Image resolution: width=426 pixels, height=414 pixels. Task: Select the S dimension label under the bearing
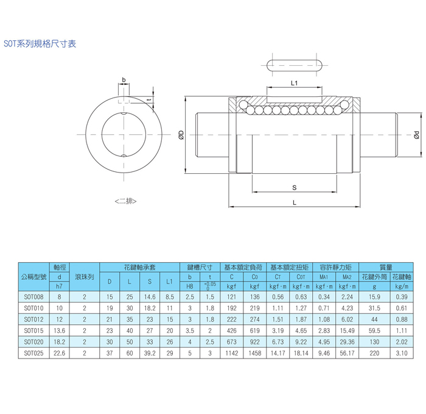[x=293, y=188]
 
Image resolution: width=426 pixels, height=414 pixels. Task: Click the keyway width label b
[x=124, y=80]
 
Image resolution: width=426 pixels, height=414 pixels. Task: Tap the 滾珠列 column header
[x=85, y=276]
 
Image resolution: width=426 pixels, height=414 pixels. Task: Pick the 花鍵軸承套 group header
[x=140, y=267]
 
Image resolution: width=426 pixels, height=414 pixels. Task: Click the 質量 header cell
[x=385, y=267]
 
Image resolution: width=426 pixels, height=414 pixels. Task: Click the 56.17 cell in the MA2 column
[x=347, y=352]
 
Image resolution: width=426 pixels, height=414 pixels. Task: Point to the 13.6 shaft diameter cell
[x=60, y=330]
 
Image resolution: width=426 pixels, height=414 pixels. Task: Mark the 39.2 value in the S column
[x=150, y=352]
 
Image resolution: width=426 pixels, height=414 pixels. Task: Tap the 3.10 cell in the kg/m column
[x=401, y=352]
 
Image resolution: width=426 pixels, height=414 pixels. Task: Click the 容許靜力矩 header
[x=336, y=267]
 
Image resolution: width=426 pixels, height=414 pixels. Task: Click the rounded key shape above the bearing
[x=293, y=66]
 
